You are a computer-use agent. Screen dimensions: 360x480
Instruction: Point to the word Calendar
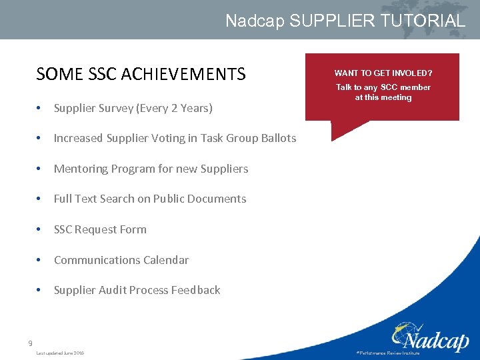[x=166, y=260]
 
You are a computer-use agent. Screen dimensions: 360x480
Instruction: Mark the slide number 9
[x=30, y=343]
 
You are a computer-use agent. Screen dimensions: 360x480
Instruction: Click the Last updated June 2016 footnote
[x=60, y=353]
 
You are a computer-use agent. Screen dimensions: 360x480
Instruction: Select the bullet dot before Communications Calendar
[x=41, y=260]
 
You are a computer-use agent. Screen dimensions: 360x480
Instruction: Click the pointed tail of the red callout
[x=335, y=136]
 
